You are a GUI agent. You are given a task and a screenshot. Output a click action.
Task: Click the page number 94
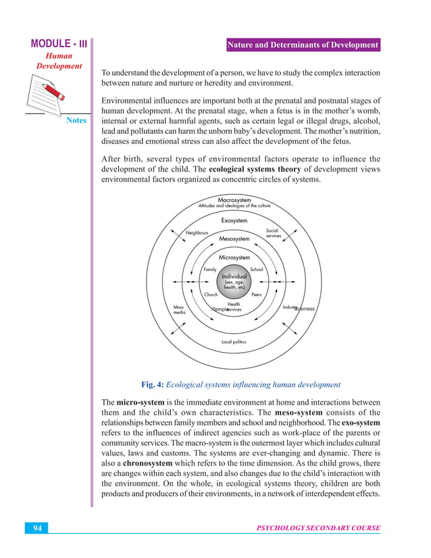coord(38,527)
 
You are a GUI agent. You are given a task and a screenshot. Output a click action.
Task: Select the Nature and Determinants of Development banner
coord(302,45)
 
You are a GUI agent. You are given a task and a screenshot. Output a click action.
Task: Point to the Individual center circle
coord(234,282)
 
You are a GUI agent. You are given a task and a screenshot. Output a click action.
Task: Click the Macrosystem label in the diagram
coord(234,200)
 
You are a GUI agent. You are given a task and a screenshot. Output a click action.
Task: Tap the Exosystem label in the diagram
coord(234,220)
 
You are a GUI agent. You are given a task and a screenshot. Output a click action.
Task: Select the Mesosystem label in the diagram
coord(234,238)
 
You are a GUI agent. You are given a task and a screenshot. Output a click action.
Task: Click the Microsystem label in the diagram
coord(234,257)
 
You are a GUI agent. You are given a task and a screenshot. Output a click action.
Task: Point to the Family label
coord(210,270)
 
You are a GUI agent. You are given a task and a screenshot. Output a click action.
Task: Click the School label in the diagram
coord(256,270)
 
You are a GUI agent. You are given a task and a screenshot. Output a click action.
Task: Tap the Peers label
coord(256,295)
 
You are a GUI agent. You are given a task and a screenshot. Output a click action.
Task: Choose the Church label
coord(211,295)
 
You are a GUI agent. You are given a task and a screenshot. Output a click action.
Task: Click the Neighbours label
coord(197,232)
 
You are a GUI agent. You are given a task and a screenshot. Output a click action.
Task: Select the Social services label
coord(273,232)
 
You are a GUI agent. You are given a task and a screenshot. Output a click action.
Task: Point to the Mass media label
coord(179,309)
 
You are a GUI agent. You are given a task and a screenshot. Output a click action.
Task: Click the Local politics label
coord(234,342)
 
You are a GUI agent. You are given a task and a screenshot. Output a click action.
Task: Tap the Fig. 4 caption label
coord(240,384)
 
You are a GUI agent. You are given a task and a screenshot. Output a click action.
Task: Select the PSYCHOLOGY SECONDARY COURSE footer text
coord(318,527)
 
